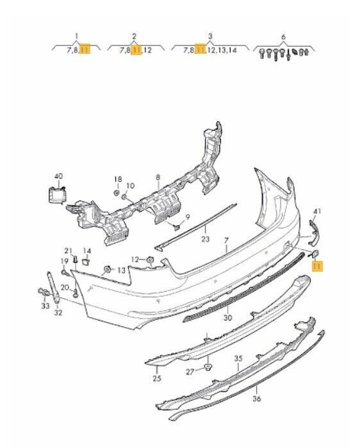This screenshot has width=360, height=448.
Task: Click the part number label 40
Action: pyautogui.click(x=58, y=176)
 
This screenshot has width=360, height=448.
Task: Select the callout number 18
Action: pyautogui.click(x=117, y=179)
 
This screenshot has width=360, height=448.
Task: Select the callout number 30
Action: pyautogui.click(x=227, y=317)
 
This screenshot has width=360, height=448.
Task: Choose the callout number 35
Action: pyautogui.click(x=238, y=358)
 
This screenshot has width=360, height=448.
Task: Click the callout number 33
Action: pyautogui.click(x=45, y=306)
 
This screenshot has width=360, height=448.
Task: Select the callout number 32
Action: pyautogui.click(x=58, y=313)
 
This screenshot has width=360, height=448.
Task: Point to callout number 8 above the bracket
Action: pyautogui.click(x=158, y=176)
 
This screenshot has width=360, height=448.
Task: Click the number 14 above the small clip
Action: pyautogui.click(x=87, y=250)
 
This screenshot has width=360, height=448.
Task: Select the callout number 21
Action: pyautogui.click(x=68, y=250)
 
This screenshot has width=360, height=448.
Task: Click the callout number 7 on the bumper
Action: pyautogui.click(x=225, y=240)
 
